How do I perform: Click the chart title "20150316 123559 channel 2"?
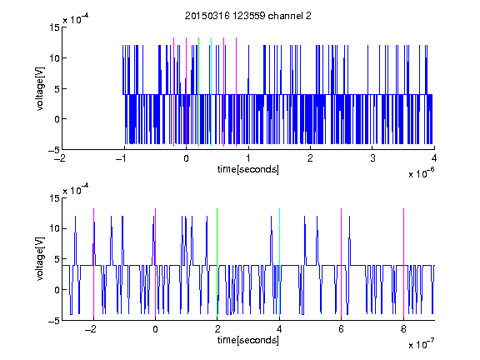(x=248, y=16)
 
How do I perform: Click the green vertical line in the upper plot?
(x=199, y=92)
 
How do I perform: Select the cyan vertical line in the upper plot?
(x=211, y=92)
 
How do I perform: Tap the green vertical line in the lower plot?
(x=217, y=262)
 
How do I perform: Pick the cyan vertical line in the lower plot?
(x=279, y=262)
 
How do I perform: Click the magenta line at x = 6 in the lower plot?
(x=342, y=262)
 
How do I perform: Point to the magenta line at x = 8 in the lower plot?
(x=404, y=262)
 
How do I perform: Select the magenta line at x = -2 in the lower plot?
(x=93, y=262)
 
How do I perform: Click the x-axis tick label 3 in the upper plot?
(x=372, y=158)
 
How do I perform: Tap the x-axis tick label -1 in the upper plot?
(x=122, y=158)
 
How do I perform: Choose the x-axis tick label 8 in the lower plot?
(x=404, y=329)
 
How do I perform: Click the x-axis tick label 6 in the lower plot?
(x=342, y=329)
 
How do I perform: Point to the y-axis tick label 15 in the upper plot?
(x=54, y=27)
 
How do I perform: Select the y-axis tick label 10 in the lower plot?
(x=54, y=228)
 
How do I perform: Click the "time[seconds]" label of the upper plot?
(x=248, y=169)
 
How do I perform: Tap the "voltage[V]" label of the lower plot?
(x=40, y=259)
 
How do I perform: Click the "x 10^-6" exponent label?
(x=421, y=173)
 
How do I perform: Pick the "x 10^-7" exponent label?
(x=421, y=344)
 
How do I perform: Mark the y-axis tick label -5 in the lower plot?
(x=54, y=321)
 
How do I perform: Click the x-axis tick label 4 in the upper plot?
(x=434, y=158)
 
